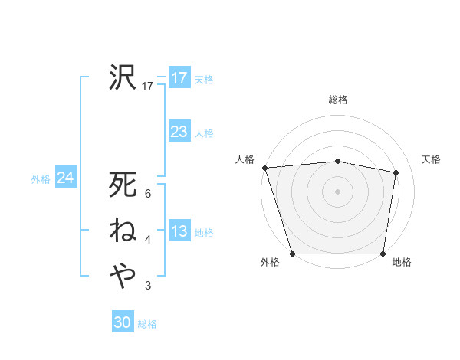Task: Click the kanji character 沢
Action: [x=123, y=77]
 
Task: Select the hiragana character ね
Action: [x=123, y=230]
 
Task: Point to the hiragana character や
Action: [x=123, y=274]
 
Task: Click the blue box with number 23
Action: [x=179, y=132]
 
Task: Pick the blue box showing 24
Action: [x=65, y=178]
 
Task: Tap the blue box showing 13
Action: [x=179, y=232]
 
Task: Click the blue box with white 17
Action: [x=179, y=78]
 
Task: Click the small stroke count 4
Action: [x=148, y=241]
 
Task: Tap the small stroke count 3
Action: [x=148, y=286]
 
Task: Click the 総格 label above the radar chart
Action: [x=338, y=100]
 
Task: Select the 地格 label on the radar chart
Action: [x=402, y=263]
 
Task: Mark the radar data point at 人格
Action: [x=264, y=168]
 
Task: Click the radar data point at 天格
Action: [x=396, y=172]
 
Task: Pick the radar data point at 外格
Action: [x=292, y=254]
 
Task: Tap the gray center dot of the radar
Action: [x=338, y=191]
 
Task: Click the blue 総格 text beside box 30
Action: [x=147, y=324]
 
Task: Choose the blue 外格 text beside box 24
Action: [x=41, y=179]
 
